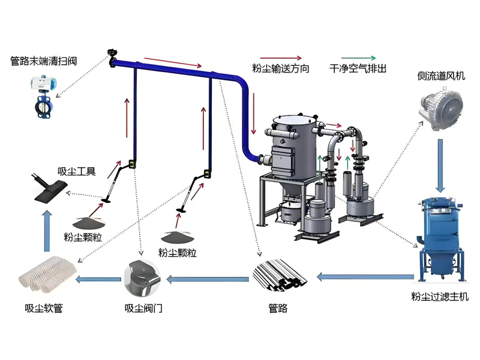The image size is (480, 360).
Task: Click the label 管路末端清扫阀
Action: tap(43, 61)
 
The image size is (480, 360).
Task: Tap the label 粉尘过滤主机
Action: tap(440, 296)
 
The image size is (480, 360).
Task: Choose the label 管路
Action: tap(278, 308)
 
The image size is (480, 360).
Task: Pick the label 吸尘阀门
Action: tap(143, 308)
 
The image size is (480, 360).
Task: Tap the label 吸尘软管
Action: tap(44, 308)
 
